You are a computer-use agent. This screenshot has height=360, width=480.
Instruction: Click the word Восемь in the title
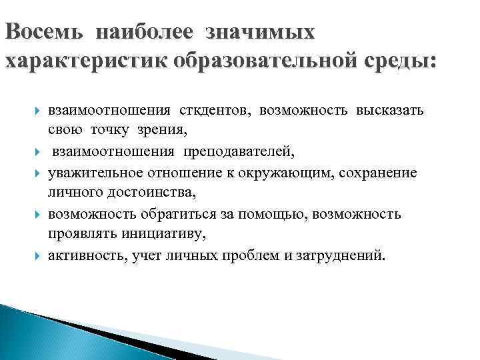point(44,32)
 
